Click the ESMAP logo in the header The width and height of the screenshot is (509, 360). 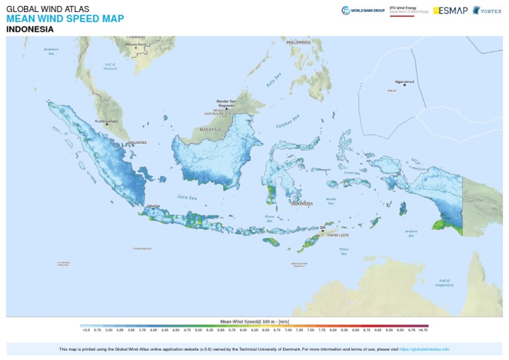click(x=450, y=11)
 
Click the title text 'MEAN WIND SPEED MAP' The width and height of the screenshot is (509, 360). click(x=64, y=19)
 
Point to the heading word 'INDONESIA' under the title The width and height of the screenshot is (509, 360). click(x=30, y=29)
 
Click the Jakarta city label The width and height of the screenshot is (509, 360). click(x=154, y=206)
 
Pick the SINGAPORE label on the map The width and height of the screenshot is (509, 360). click(x=136, y=143)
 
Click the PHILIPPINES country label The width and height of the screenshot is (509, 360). click(x=298, y=42)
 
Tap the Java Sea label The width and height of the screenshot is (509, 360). click(x=188, y=197)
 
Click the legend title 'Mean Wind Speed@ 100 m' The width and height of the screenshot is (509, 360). click(x=254, y=320)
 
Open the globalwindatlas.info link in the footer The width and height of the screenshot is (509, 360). click(x=424, y=349)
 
